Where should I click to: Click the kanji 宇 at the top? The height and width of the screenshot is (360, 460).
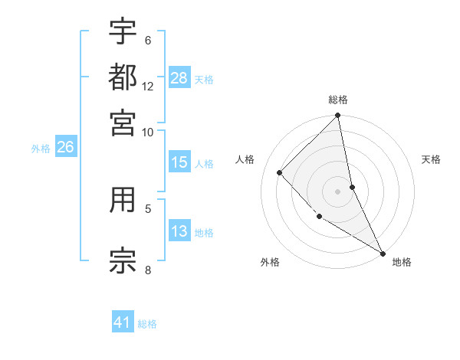(123, 31)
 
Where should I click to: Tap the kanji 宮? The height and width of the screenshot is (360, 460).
(123, 122)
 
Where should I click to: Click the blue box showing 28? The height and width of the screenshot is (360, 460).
(179, 78)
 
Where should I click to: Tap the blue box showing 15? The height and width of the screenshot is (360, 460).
(179, 162)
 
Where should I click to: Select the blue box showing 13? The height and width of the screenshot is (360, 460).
(179, 231)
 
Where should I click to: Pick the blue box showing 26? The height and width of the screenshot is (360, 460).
(65, 148)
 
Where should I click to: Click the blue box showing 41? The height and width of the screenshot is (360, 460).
(123, 322)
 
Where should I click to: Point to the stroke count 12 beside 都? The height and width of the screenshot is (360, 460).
(148, 87)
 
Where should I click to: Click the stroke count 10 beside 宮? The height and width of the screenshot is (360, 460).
(148, 132)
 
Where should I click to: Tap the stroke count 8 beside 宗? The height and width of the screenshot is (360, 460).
(148, 269)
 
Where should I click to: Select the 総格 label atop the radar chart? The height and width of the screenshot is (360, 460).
(338, 100)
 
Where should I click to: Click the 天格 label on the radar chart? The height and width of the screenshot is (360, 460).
(431, 159)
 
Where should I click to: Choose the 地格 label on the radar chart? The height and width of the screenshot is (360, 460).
(402, 262)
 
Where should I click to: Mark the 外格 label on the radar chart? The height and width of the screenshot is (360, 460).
(270, 262)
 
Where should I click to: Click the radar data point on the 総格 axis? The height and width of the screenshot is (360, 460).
(338, 116)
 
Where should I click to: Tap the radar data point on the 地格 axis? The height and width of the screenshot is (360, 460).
(382, 253)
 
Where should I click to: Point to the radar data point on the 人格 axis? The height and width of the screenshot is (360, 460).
(280, 172)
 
